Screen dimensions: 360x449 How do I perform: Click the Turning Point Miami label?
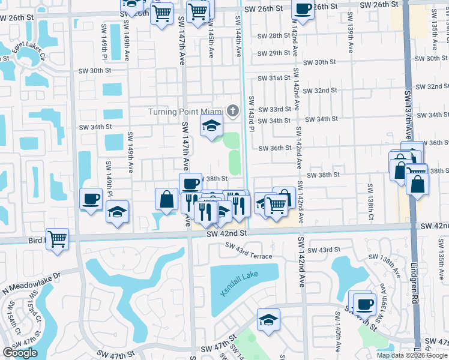(x=186, y=112)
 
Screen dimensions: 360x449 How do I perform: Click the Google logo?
(x=20, y=353)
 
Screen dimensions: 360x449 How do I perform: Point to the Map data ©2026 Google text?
(x=412, y=355)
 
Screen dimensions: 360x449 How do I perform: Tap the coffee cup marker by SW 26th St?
(x=303, y=10)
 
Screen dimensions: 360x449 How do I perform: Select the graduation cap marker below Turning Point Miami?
(x=211, y=127)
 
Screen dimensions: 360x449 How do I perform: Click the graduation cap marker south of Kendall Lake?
(x=268, y=319)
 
